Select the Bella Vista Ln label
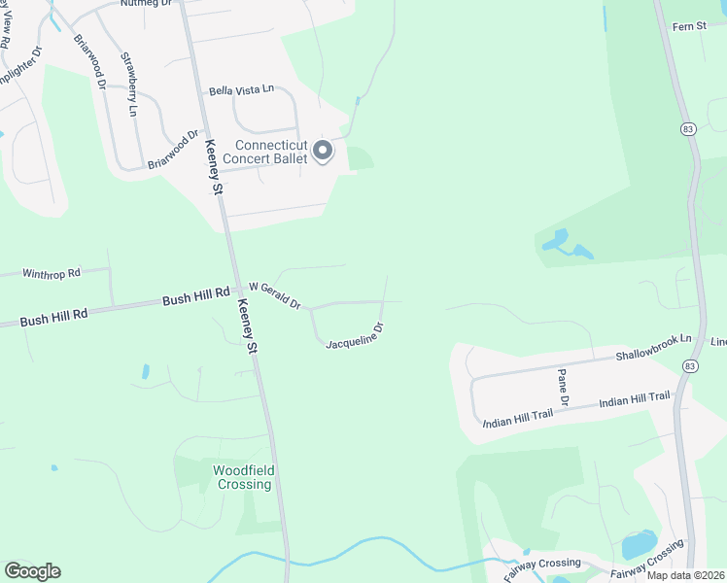point(240,90)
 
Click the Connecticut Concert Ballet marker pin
point(323,152)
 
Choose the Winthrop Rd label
point(51,275)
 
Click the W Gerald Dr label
point(275,294)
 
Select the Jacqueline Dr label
point(356,337)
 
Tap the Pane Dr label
point(562,386)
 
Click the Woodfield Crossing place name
point(244,477)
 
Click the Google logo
point(32,571)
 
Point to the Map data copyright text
point(685,575)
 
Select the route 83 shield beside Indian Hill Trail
point(689,365)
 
